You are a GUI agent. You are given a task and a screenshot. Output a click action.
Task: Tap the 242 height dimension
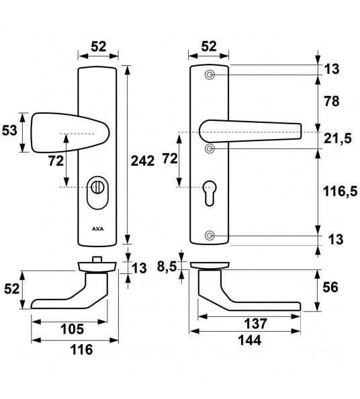(x=143, y=160)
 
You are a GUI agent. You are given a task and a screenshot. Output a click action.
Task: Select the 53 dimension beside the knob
(x=9, y=130)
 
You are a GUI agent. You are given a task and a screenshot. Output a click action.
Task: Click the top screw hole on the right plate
(x=210, y=75)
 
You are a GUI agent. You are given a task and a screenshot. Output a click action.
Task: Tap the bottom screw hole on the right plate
(x=210, y=235)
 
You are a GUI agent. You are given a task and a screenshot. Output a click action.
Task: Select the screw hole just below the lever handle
(x=210, y=148)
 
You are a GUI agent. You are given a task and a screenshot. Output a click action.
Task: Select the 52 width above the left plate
(x=99, y=46)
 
